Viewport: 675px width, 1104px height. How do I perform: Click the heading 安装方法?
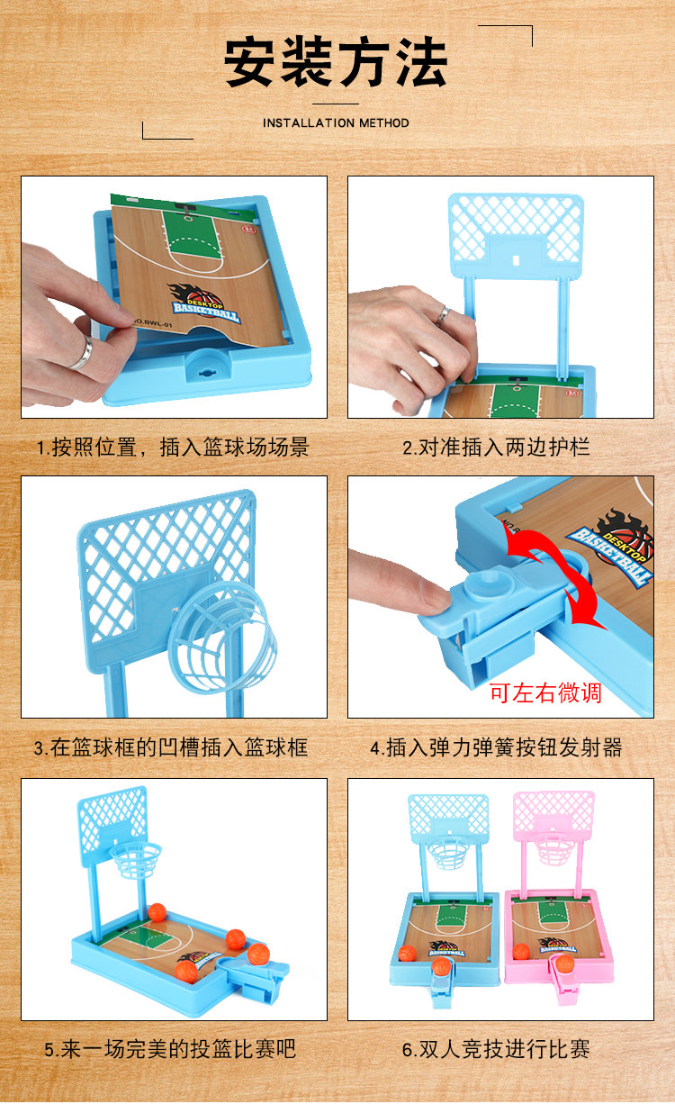tap(336, 62)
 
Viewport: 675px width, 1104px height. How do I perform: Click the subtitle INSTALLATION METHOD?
tap(336, 122)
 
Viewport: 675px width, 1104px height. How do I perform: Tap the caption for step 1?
tap(173, 447)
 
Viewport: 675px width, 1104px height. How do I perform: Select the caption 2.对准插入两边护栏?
tap(496, 447)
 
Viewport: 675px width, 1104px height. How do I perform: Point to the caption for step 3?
tap(171, 747)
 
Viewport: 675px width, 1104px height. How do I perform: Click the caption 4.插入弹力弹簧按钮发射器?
tap(496, 747)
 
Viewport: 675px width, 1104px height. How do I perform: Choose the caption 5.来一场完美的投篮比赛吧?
tap(170, 1049)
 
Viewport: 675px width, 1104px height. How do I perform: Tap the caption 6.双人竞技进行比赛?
tap(496, 1049)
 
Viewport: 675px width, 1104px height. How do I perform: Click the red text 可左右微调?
tap(546, 692)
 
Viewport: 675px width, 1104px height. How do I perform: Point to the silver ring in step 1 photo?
tap(82, 353)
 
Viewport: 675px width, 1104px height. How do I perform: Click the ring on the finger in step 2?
tap(443, 316)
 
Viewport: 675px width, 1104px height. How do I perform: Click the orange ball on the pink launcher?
tap(565, 963)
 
